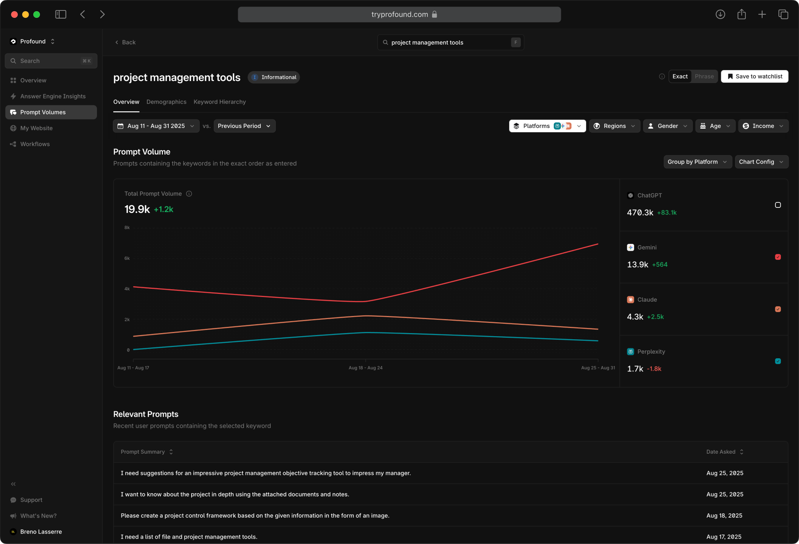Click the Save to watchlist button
[x=754, y=76]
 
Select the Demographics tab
[x=166, y=102]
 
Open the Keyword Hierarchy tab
[x=220, y=102]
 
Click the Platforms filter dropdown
[x=547, y=126]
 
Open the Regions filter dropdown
[x=614, y=126]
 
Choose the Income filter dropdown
[x=763, y=126]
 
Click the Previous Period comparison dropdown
[x=244, y=126]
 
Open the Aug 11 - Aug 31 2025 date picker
[x=156, y=126]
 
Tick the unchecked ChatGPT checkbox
[x=778, y=205]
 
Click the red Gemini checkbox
[x=778, y=257]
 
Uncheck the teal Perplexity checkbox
[x=778, y=361]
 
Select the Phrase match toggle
[x=704, y=76]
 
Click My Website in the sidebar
[x=36, y=128]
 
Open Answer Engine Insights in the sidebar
[x=53, y=97]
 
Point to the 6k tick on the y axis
[x=127, y=258]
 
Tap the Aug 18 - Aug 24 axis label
[x=365, y=368]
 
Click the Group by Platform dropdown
[x=697, y=162]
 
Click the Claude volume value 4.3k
[x=635, y=317]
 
